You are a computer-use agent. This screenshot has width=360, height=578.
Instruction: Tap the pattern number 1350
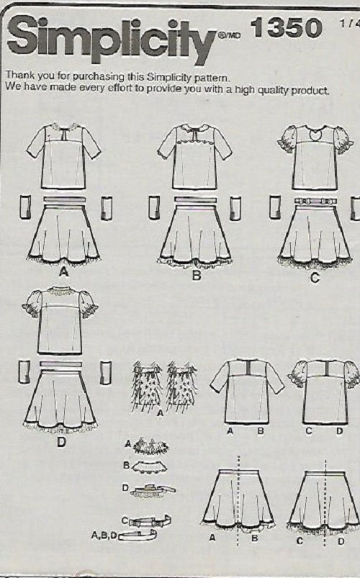[287, 28]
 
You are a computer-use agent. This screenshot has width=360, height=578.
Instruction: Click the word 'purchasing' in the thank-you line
[98, 77]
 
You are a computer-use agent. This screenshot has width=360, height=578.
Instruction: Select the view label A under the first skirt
[64, 272]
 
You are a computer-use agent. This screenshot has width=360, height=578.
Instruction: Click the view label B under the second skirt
[197, 275]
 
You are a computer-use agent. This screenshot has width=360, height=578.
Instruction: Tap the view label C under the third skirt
[314, 278]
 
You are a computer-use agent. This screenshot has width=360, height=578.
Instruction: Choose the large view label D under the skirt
[61, 442]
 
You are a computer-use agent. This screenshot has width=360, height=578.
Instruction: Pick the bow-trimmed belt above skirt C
[315, 202]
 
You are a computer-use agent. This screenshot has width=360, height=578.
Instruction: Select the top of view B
[194, 157]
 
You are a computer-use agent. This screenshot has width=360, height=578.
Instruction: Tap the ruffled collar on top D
[60, 292]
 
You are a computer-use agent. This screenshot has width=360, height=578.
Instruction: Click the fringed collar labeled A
[151, 446]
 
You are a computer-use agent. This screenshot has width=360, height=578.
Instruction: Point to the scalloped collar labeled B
[150, 467]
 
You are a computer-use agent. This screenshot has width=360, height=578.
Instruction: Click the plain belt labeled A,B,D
[138, 535]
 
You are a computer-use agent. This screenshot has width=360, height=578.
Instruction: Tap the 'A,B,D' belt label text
[104, 536]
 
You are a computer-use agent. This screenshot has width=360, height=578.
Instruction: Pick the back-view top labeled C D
[325, 392]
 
